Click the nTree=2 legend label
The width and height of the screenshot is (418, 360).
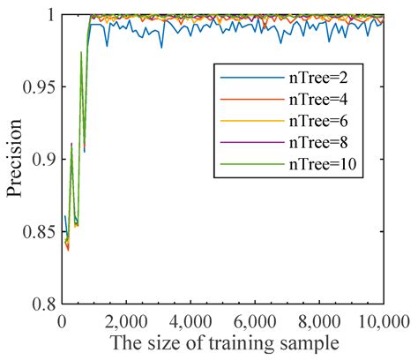[318, 78]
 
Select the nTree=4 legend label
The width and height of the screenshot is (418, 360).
[318, 100]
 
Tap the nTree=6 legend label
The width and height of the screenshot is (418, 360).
[318, 121]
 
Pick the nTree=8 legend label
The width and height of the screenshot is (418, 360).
[318, 142]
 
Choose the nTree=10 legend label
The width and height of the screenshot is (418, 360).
[323, 164]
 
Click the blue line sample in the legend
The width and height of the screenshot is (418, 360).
[252, 78]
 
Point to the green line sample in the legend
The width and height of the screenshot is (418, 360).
[252, 164]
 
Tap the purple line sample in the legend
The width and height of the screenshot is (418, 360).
[252, 142]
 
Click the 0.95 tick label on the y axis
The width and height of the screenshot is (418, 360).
[39, 87]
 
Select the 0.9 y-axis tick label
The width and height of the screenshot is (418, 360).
[43, 159]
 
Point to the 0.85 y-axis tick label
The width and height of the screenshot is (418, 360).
[39, 232]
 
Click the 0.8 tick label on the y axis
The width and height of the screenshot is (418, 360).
[43, 304]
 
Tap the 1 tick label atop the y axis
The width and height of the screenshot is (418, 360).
[51, 15]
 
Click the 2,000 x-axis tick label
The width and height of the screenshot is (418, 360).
[126, 322]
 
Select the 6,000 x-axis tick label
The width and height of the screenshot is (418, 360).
[255, 322]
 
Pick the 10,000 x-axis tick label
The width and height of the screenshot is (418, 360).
[384, 322]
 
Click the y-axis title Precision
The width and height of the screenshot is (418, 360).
[15, 159]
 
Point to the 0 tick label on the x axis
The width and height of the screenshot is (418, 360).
[62, 322]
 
